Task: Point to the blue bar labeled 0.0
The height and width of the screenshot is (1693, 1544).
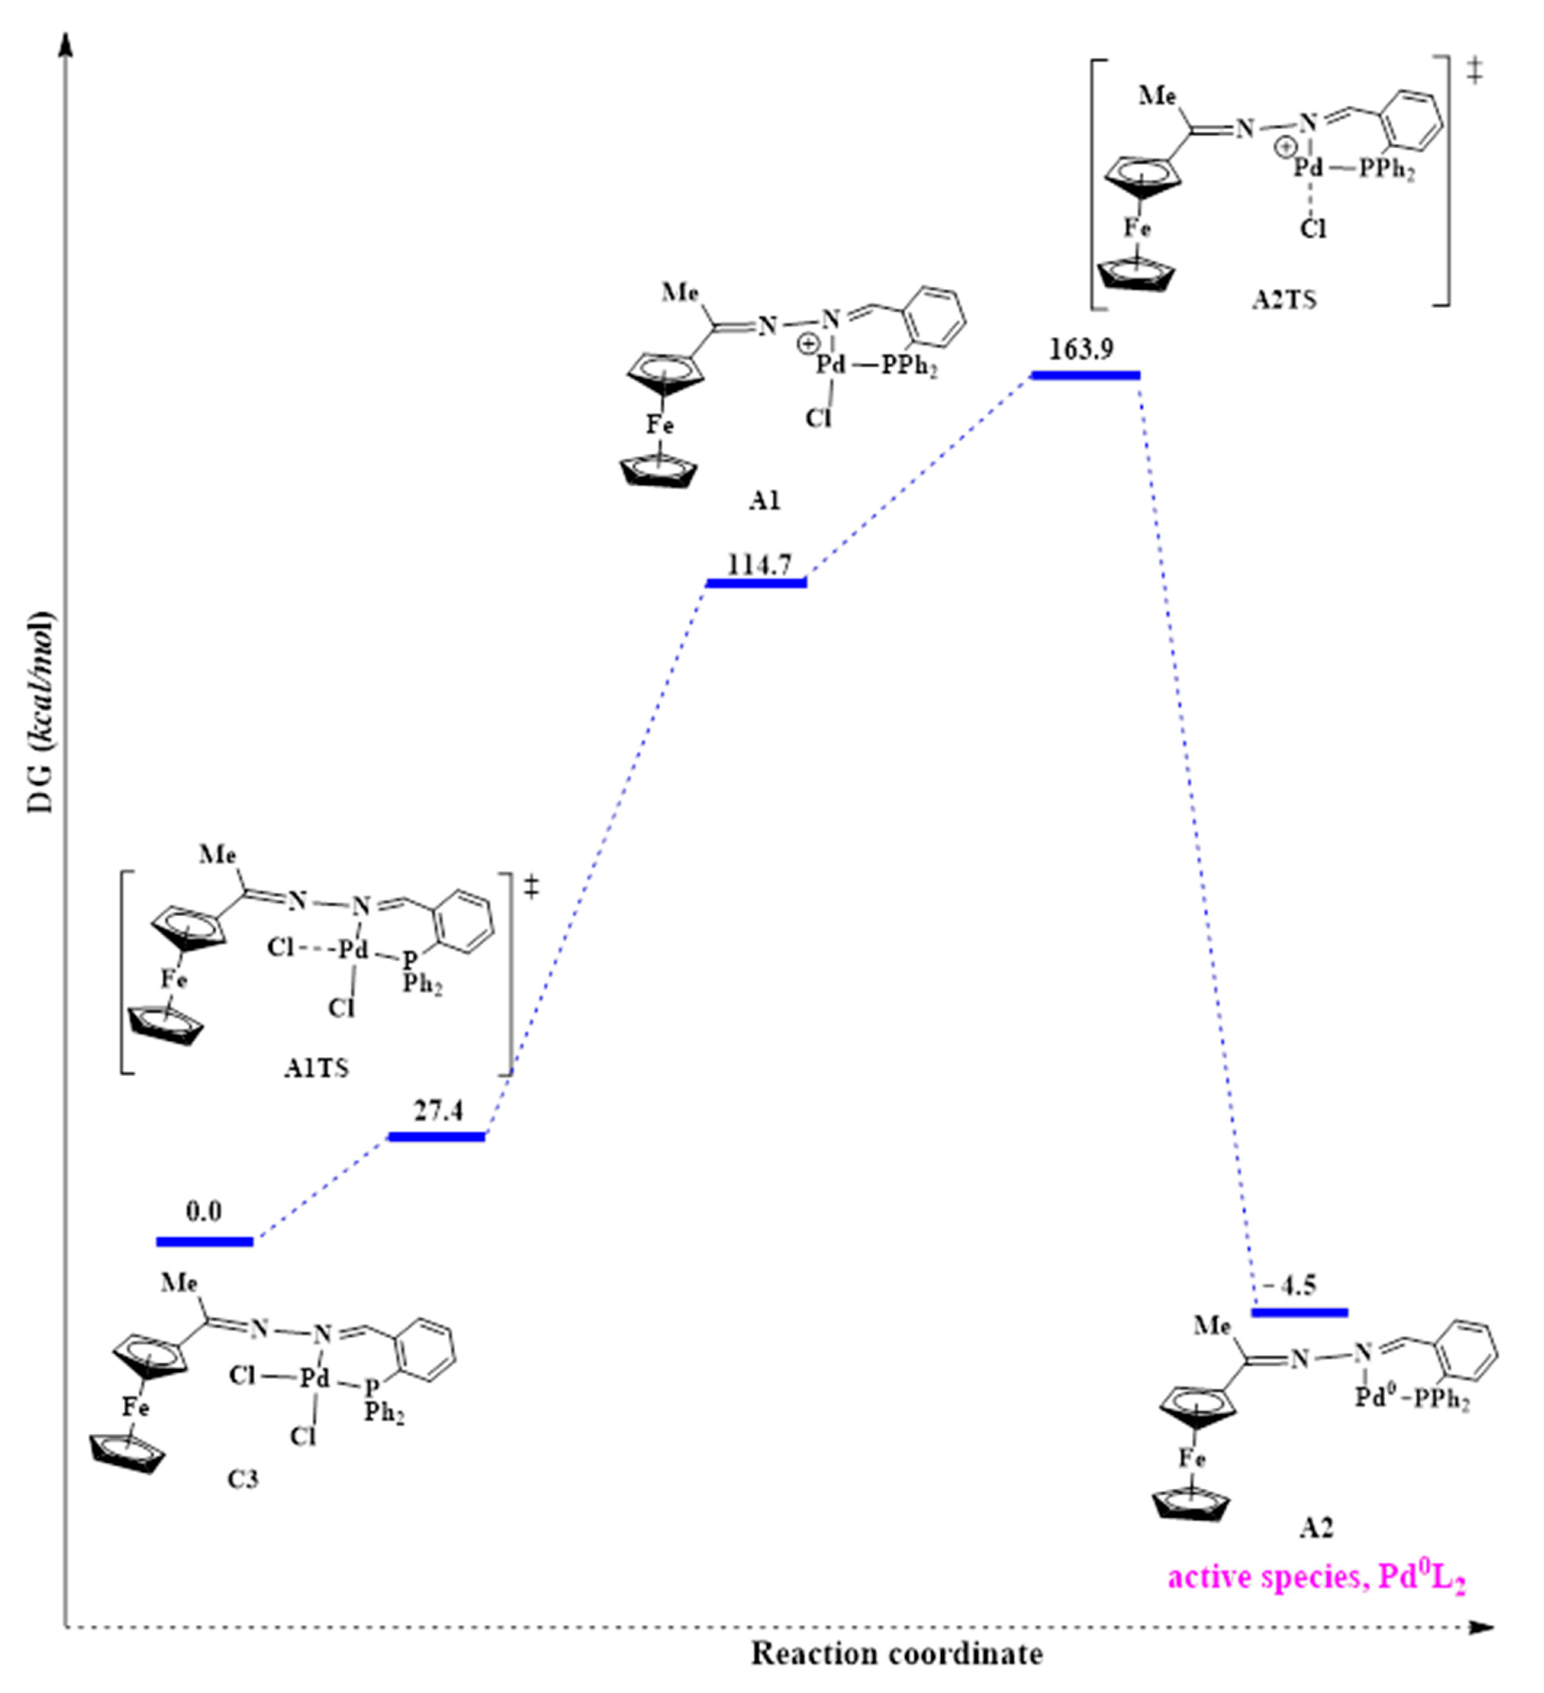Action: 204,1241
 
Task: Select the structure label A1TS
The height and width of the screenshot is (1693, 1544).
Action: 316,1068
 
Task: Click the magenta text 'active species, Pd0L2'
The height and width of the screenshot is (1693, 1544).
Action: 1316,1578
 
